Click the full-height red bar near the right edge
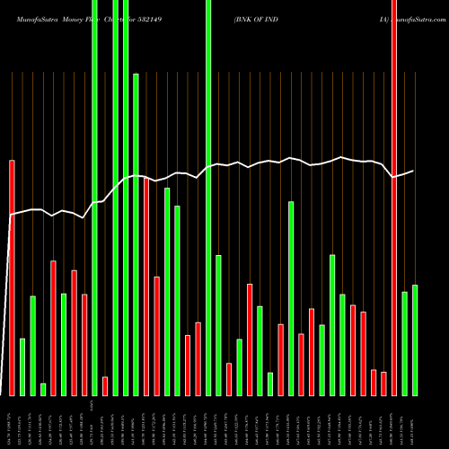click(x=394, y=198)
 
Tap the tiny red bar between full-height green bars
click(x=105, y=385)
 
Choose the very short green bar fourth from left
click(x=43, y=389)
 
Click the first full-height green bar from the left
click(x=94, y=198)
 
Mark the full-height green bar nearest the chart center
click(x=208, y=198)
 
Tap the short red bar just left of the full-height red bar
click(x=383, y=383)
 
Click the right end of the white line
click(x=413, y=171)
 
